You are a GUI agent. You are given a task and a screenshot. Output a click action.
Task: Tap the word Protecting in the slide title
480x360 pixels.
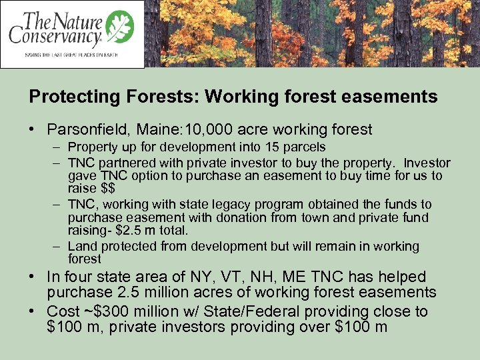tap(65, 97)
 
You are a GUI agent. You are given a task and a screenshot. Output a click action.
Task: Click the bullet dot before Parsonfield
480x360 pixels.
tap(35, 129)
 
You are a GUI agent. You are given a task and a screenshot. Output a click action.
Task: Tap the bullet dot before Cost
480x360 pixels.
tap(35, 312)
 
